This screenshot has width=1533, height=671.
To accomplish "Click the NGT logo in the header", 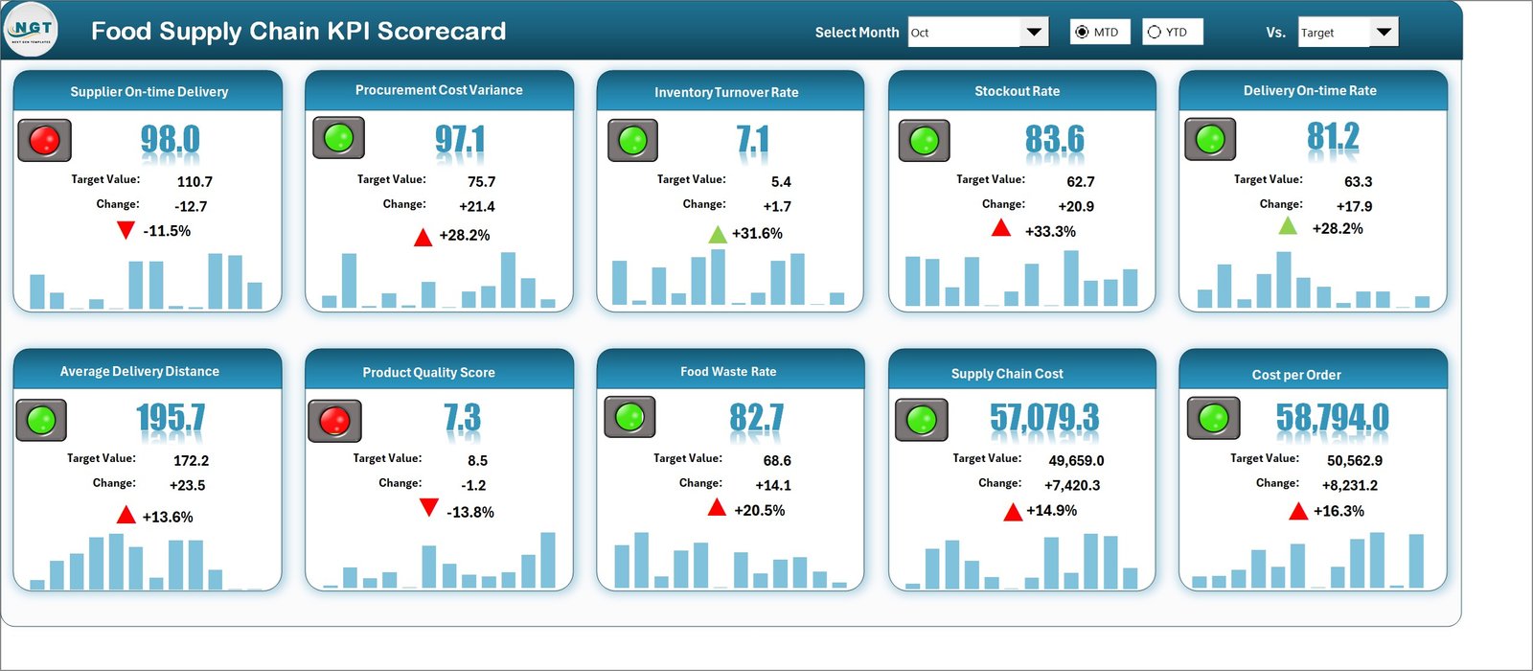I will point(31,31).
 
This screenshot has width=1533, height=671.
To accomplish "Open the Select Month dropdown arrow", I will point(1034,32).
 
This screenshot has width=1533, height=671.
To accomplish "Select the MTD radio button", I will point(1083,32).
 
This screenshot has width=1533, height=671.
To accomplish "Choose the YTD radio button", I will point(1155,32).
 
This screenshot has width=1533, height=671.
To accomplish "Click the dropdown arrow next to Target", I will point(1384,32).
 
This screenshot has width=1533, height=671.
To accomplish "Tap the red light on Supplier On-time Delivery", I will point(44,140).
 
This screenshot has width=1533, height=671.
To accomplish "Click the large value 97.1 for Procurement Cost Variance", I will point(460,140).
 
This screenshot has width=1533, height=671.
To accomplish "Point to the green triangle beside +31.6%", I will point(718,234).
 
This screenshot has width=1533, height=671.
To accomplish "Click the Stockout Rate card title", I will point(1017,91).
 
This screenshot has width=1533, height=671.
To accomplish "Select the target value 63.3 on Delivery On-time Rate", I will point(1358,181).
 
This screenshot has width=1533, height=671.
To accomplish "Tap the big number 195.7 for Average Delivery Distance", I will point(171,418).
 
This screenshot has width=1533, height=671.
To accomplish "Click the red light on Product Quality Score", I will point(334,420).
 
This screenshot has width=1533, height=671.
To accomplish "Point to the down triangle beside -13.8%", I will point(429,508).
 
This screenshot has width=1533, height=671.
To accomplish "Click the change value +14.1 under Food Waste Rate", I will point(773,485).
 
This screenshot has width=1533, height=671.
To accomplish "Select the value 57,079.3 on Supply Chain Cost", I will point(1044,418).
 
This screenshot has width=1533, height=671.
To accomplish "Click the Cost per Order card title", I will point(1295,375).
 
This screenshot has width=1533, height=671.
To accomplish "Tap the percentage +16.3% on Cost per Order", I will point(1339,511).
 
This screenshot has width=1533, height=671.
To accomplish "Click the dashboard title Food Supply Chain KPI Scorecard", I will point(298,31).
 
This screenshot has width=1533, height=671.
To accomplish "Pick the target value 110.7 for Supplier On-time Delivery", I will point(194,181).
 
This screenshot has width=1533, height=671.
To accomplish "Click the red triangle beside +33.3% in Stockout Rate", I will point(1001,228).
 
